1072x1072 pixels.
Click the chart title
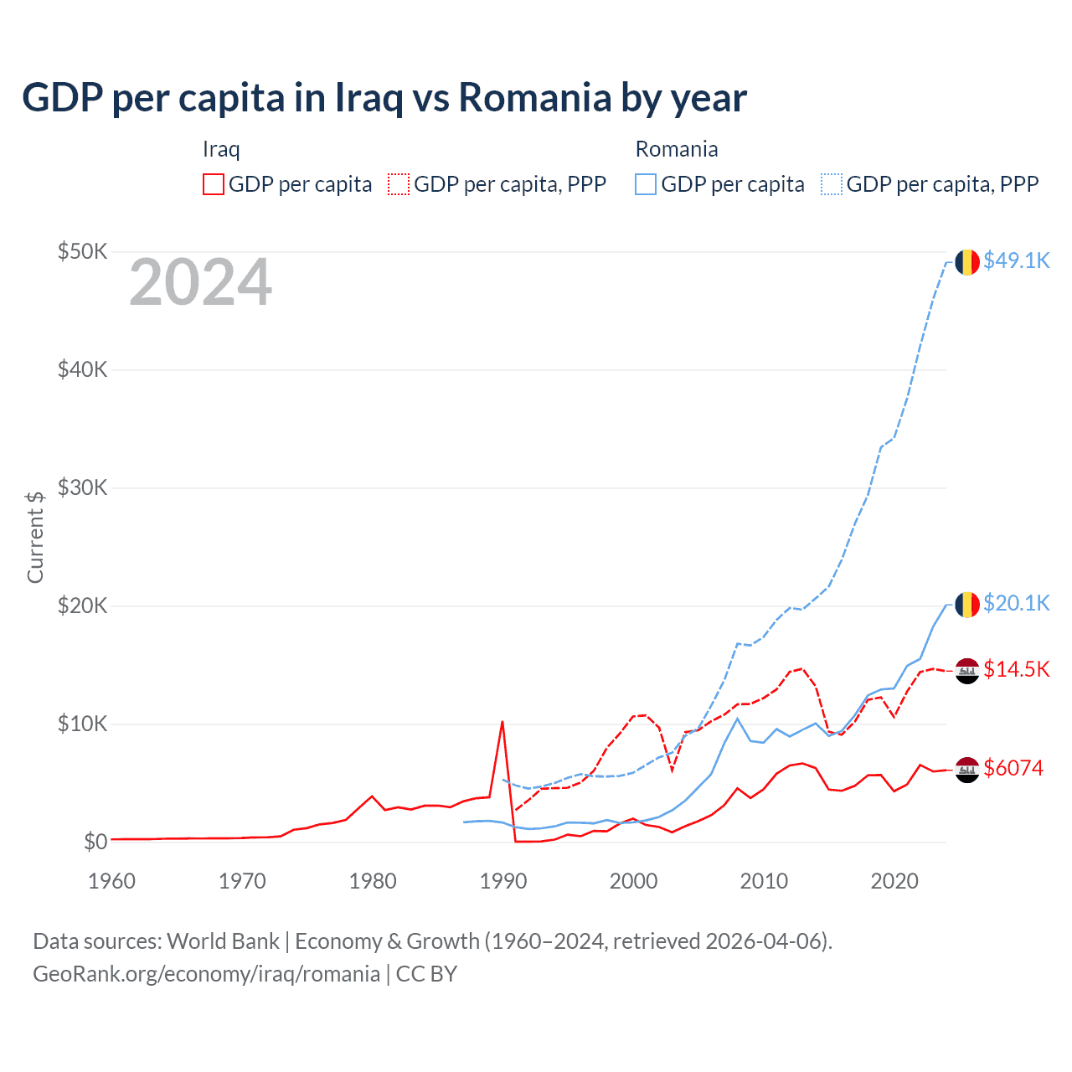coord(384,98)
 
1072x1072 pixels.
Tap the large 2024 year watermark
coord(200,282)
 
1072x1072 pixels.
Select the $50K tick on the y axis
coord(82,251)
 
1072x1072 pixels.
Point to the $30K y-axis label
coord(82,487)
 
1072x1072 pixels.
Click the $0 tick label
coord(95,842)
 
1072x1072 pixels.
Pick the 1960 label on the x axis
coord(111,881)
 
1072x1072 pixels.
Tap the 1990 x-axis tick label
coord(503,881)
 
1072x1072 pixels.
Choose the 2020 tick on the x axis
coord(894,881)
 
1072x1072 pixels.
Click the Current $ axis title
coord(35,537)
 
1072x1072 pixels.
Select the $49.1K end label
coord(1016,260)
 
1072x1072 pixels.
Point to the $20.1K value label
coord(1016,603)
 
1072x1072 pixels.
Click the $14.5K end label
coord(1016,669)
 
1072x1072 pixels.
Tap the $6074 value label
coord(1013,768)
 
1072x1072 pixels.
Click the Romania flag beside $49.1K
coord(967,262)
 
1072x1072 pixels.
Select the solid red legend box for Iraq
coord(214,184)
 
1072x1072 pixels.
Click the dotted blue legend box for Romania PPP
coord(832,184)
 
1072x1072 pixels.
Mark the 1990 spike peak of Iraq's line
coord(502,721)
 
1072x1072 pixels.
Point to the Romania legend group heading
coord(677,149)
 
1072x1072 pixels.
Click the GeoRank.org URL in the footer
coord(206,974)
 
